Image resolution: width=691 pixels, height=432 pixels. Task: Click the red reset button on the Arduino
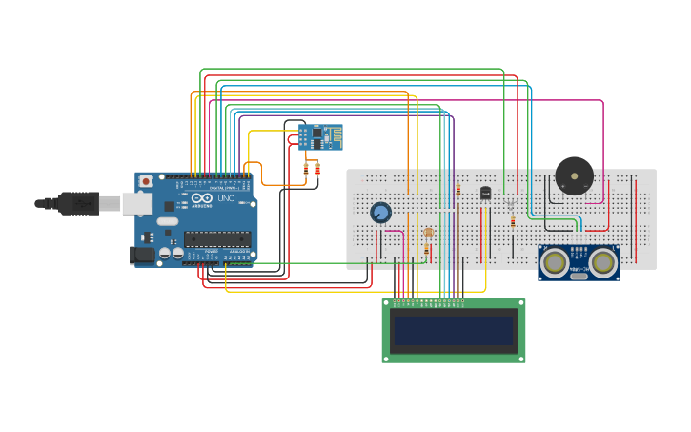click(x=146, y=181)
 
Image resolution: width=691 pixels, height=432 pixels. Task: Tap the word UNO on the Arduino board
click(x=226, y=199)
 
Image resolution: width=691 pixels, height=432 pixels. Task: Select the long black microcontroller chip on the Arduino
click(x=217, y=238)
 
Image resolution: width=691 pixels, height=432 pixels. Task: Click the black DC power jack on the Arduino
click(x=142, y=255)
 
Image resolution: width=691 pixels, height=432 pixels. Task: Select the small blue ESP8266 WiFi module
click(x=319, y=136)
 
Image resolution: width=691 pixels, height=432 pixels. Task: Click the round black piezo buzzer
click(x=575, y=176)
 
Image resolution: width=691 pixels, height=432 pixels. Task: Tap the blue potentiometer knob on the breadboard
click(x=381, y=213)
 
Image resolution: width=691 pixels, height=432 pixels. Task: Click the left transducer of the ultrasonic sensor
click(x=554, y=261)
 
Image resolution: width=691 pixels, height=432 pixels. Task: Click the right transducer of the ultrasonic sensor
click(x=602, y=261)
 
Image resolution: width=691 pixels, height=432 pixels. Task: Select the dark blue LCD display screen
click(x=454, y=331)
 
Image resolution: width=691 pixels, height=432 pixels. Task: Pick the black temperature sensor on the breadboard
click(x=485, y=194)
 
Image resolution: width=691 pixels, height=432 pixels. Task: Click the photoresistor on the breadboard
click(x=428, y=233)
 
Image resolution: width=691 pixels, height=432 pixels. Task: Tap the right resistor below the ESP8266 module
click(x=317, y=169)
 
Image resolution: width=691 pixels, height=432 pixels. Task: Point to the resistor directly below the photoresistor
click(x=426, y=250)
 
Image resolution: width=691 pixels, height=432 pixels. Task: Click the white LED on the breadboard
click(x=511, y=203)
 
